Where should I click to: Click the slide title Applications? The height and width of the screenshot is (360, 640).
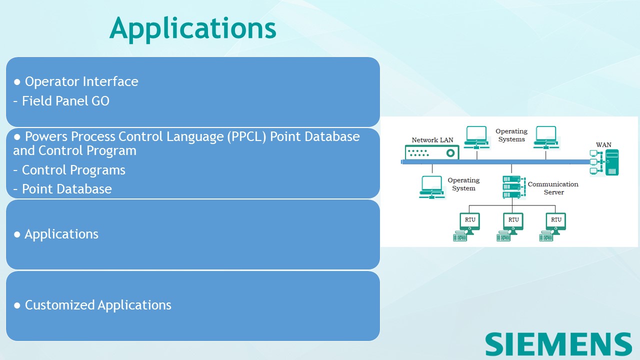(192, 28)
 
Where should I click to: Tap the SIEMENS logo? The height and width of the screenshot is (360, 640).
(558, 344)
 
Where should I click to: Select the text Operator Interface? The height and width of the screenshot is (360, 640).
(81, 81)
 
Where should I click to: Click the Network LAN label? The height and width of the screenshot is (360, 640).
(432, 140)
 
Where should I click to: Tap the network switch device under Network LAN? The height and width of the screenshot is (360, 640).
(432, 152)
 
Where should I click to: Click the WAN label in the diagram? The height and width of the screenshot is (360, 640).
(603, 145)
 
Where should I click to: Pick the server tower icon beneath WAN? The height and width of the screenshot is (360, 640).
(611, 162)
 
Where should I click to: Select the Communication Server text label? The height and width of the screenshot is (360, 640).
(553, 188)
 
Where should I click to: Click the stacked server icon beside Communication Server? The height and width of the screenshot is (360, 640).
(511, 186)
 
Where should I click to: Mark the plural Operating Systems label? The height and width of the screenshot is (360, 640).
(511, 135)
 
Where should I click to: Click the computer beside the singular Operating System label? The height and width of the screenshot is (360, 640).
(431, 186)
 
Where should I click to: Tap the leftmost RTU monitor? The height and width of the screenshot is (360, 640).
(470, 222)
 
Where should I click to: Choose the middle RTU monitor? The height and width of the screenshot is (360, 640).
(513, 222)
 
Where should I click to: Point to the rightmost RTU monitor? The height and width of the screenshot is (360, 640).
(556, 222)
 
